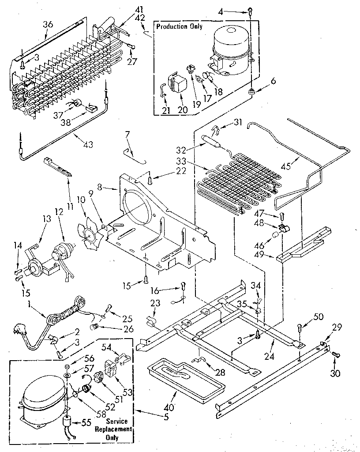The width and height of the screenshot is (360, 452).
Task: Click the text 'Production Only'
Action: click(179, 27)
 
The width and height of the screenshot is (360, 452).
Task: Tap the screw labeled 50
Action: click(300, 328)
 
